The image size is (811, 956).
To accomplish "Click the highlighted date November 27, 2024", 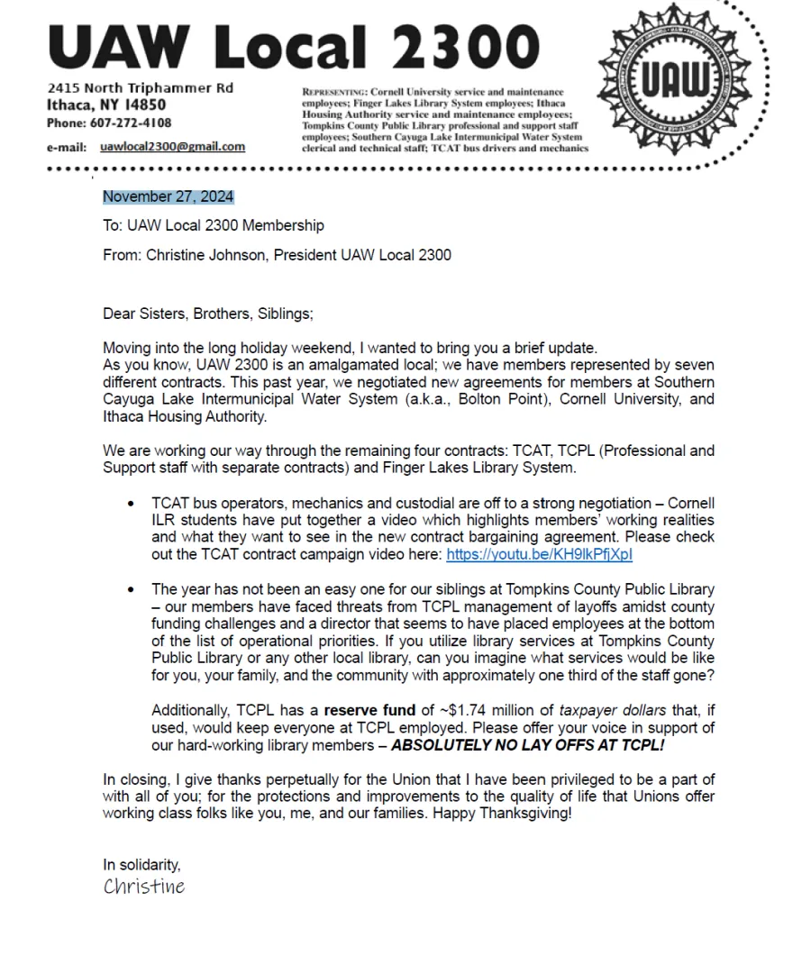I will [169, 197].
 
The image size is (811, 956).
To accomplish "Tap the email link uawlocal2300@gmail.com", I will [172, 147].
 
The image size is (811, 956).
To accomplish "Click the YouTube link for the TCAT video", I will [539, 555].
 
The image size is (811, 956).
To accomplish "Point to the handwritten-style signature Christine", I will [144, 887].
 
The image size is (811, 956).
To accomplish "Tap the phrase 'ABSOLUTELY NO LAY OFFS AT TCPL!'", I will [528, 745].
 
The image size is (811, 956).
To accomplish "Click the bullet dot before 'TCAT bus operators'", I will [132, 504].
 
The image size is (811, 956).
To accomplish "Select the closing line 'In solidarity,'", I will [142, 865].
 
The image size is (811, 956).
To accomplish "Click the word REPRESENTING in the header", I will [333, 93].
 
